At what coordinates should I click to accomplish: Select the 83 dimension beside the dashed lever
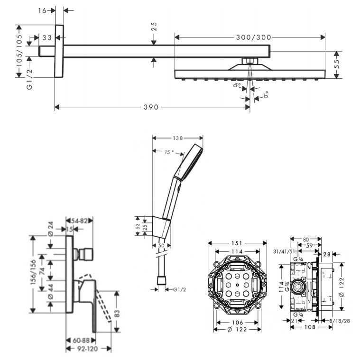117,313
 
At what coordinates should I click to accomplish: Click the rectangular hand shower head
189,161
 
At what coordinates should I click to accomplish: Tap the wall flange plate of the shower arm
59,51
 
